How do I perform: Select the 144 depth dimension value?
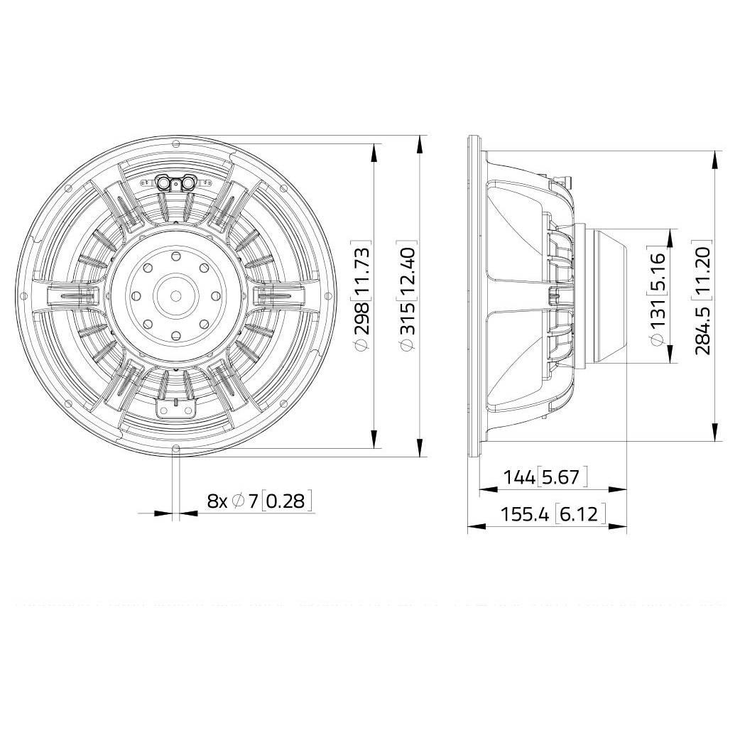518,477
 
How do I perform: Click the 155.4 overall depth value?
524,514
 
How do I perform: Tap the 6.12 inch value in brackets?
580,514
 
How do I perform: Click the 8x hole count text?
217,501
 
